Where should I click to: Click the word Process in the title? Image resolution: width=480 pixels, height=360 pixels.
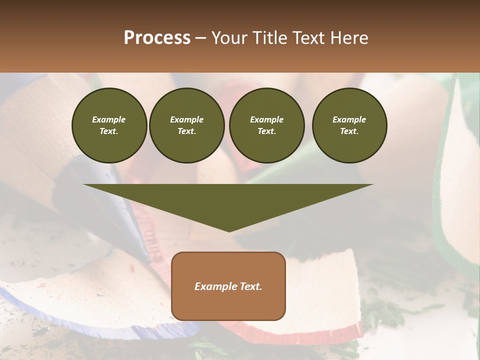(157, 38)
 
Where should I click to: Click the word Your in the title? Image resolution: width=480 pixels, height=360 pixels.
(228, 38)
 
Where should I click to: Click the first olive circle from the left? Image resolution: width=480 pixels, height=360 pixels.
(109, 125)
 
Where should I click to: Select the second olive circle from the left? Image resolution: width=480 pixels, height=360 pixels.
(187, 125)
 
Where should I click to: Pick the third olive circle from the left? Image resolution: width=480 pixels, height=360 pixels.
(267, 125)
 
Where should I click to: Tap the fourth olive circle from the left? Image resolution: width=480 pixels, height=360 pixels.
(349, 125)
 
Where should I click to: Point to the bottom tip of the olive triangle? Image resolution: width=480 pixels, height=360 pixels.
(229, 230)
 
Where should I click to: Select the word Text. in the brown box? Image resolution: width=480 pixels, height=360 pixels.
(250, 286)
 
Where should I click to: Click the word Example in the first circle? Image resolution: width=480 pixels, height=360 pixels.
(109, 119)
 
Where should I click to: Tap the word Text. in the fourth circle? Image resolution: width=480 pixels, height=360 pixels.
(349, 131)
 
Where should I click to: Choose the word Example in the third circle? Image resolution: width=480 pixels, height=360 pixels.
(267, 119)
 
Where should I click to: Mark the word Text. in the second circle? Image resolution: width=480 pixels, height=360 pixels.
(187, 131)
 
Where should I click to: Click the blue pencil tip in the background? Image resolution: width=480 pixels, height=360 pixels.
(135, 235)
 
